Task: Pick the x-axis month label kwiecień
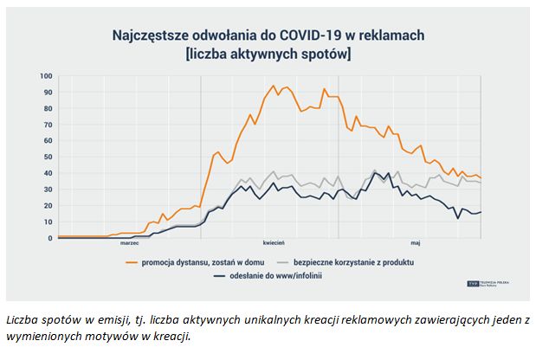[x=274, y=244]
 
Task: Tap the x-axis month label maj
[x=416, y=244]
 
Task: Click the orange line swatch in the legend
[x=133, y=260]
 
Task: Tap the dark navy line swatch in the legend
[x=220, y=275]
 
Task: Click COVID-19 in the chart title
[x=300, y=36]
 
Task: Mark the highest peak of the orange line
[x=274, y=86]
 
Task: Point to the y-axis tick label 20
[x=48, y=205]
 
